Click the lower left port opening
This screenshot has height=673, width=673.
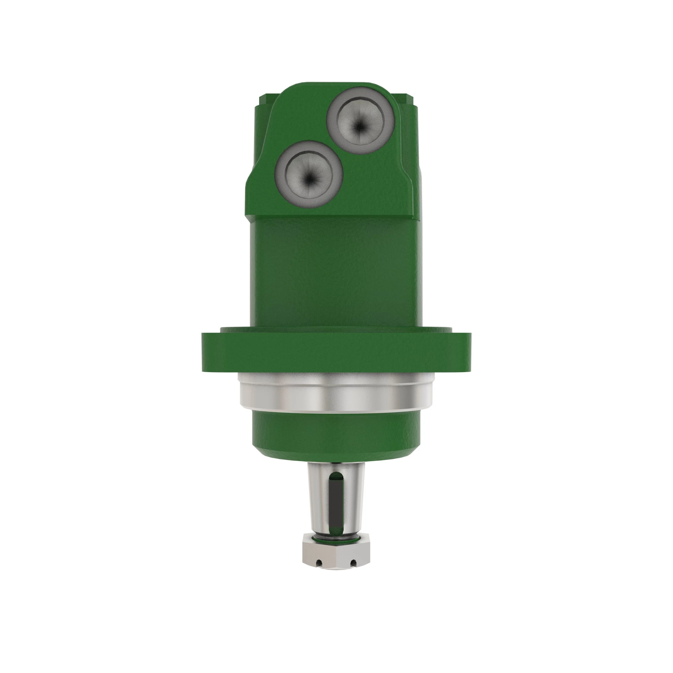tap(309, 174)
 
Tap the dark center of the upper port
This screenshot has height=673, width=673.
tap(359, 127)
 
